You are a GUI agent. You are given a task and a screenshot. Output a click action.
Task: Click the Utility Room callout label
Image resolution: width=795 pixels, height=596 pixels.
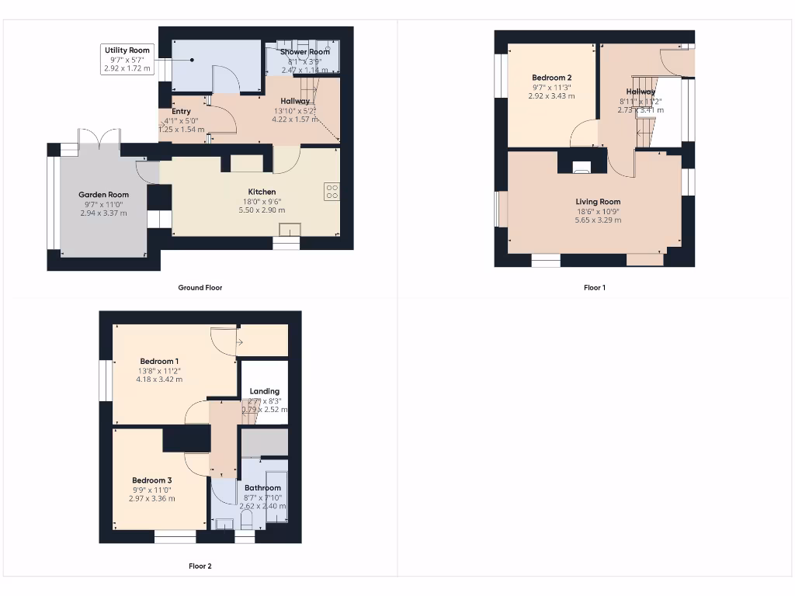click(x=127, y=50)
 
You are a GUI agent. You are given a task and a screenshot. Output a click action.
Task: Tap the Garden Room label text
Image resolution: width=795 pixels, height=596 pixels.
click(x=103, y=195)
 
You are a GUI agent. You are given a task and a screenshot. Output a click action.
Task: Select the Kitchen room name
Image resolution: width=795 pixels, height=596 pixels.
click(x=262, y=192)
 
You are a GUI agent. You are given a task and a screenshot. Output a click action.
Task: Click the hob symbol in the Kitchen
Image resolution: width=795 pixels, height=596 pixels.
click(x=332, y=191)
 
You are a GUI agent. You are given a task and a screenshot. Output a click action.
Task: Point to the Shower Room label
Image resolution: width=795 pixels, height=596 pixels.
click(x=305, y=52)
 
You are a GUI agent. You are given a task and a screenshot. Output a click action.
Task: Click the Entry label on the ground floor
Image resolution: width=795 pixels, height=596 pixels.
click(x=181, y=112)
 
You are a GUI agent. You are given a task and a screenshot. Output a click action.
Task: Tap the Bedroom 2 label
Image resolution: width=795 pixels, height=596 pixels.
click(x=551, y=78)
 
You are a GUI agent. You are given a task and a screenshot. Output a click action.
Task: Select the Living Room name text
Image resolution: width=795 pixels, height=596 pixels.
click(x=598, y=202)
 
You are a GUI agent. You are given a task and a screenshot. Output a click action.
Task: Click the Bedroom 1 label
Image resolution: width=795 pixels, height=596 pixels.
click(x=159, y=362)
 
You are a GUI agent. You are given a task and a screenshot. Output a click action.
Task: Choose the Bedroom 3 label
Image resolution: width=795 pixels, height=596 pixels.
click(x=151, y=480)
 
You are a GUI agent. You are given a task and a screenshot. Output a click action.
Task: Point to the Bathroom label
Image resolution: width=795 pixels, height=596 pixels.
click(x=262, y=488)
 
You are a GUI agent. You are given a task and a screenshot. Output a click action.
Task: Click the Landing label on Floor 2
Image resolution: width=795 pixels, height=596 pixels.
click(x=264, y=392)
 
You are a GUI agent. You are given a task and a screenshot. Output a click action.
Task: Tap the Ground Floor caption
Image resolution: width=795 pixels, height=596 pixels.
click(x=200, y=288)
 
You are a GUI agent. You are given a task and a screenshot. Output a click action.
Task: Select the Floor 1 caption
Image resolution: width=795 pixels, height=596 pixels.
click(x=594, y=288)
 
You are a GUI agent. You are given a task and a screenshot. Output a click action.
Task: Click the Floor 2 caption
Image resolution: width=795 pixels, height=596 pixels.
click(x=200, y=567)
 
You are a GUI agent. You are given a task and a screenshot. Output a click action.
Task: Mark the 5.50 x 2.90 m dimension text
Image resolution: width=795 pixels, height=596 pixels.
click(x=262, y=210)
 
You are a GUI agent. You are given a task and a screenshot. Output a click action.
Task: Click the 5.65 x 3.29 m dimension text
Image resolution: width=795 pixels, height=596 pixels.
click(x=598, y=220)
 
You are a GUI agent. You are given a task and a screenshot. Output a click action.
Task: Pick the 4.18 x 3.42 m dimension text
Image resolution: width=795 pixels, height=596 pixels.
click(x=159, y=379)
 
